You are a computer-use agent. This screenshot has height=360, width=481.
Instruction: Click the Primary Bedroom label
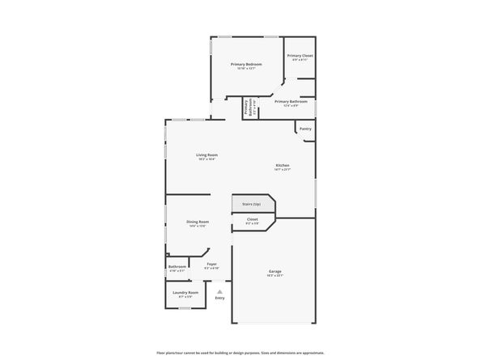click(x=245, y=64)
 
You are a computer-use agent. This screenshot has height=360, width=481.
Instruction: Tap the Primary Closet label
click(x=300, y=55)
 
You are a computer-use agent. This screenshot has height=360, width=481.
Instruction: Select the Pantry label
click(x=305, y=129)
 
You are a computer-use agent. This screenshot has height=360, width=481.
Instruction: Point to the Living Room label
click(x=207, y=155)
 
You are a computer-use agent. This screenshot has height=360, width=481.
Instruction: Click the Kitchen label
click(x=282, y=165)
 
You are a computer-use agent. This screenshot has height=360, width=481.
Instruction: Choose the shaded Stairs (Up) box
click(x=253, y=204)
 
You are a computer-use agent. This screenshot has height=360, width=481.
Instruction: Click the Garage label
click(x=275, y=271)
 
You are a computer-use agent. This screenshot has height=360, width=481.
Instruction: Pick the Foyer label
click(x=211, y=264)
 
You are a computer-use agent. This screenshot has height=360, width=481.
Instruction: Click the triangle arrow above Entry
click(x=219, y=291)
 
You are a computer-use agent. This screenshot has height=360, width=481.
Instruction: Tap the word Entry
click(x=219, y=299)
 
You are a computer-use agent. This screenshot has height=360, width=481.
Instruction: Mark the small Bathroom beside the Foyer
click(x=177, y=266)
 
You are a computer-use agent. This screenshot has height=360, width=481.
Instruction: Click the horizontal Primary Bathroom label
click(x=291, y=102)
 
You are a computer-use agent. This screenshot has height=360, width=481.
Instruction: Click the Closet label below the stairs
click(x=252, y=218)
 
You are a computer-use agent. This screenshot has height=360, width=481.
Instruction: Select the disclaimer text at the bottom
click(x=240, y=353)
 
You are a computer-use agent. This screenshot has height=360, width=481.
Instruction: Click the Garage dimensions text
click(x=275, y=276)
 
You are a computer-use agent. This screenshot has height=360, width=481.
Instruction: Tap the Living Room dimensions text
click(x=207, y=159)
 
